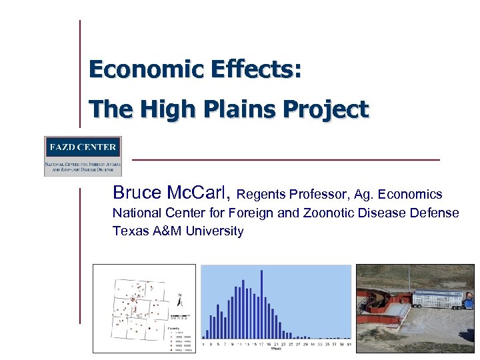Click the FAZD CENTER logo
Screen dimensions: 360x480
coord(83,156)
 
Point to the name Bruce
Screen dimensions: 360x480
coord(137,193)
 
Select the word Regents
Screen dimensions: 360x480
coord(261,195)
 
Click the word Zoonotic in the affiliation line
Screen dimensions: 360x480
coord(309,213)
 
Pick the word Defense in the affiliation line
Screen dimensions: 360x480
coord(435,213)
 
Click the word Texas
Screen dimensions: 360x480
coord(129,231)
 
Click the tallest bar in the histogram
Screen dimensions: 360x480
coord(261,304)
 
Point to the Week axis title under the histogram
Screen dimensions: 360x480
coord(275,349)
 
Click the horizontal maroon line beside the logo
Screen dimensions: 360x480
coord(287,160)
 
